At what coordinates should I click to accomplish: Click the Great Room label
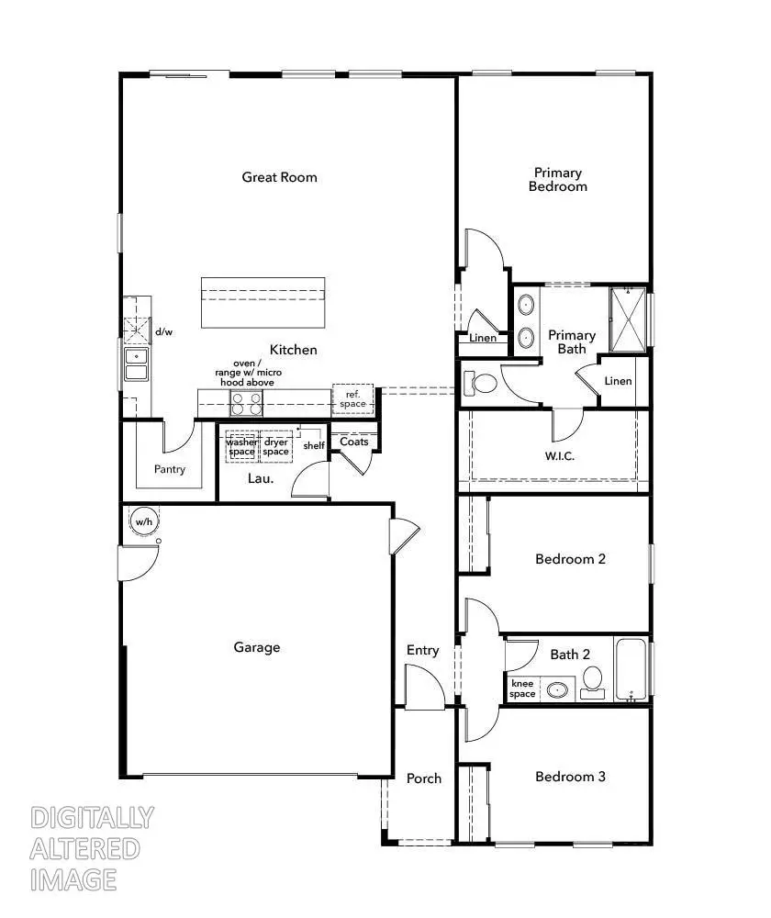[x=279, y=177]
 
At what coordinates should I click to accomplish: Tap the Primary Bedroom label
[x=557, y=180]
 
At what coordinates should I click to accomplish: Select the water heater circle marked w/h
[x=144, y=521]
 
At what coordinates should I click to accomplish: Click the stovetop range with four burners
[x=245, y=403]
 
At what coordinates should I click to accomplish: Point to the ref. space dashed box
[x=352, y=398]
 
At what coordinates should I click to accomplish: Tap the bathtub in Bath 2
[x=631, y=670]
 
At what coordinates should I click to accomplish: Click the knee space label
[x=522, y=688]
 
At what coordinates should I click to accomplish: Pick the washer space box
[x=242, y=447]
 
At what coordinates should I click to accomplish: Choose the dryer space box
[x=276, y=447]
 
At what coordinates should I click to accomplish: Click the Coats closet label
[x=353, y=442]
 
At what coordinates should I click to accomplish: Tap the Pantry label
[x=170, y=469]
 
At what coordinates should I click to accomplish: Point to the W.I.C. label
[x=560, y=456]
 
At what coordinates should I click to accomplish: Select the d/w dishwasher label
[x=163, y=331]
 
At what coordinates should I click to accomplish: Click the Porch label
[x=423, y=778]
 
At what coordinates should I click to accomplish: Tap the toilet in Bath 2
[x=593, y=680]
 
